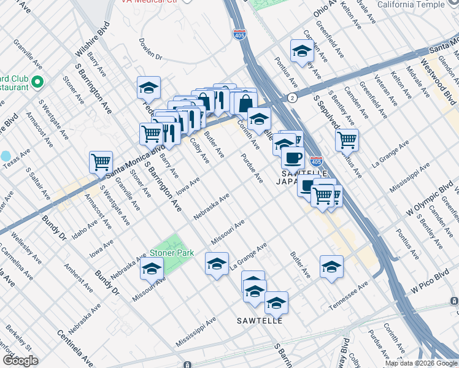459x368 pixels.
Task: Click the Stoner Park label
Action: pos(172,253)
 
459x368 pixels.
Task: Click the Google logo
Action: pos(20,361)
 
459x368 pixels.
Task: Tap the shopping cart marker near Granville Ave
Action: pos(101,163)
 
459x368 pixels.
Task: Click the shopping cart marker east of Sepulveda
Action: pos(347,140)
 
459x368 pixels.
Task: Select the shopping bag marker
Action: pos(245,102)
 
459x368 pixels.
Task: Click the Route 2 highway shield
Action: pos(292,98)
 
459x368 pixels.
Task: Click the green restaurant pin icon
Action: pos(37,82)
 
